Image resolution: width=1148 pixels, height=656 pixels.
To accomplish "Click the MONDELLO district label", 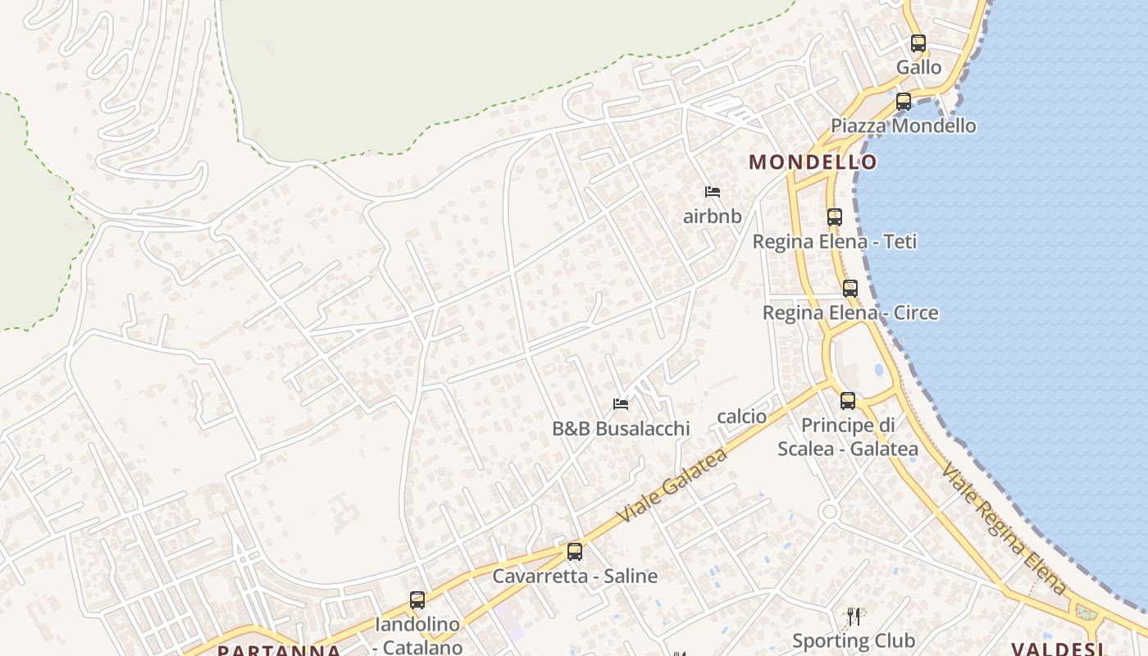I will tap(813, 162).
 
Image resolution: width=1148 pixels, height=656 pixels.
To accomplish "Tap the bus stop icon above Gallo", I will tap(918, 43).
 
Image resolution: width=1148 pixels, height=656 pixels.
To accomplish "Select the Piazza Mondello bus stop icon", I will tap(904, 102).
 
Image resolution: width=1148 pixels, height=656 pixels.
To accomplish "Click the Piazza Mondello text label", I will tap(903, 125).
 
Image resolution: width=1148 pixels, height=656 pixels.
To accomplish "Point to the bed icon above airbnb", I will tap(713, 192).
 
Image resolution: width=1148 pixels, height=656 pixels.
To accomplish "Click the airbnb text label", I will tap(713, 216).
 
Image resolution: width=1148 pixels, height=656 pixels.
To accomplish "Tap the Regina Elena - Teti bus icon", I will tap(835, 217).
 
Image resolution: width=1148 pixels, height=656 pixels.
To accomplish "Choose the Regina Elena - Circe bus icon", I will tap(850, 289).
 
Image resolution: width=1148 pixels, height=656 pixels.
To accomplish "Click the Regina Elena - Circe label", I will tap(850, 313).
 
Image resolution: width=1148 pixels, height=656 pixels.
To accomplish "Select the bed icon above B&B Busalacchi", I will tap(621, 403).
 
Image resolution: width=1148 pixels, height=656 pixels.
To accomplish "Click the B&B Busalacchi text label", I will tap(621, 428).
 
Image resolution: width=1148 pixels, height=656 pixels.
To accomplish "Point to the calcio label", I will tap(742, 417).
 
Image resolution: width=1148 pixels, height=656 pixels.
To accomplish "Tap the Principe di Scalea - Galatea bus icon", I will tap(848, 401).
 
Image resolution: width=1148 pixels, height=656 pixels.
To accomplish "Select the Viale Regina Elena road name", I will tap(1004, 529).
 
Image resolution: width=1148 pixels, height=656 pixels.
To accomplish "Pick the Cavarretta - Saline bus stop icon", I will tap(575, 552).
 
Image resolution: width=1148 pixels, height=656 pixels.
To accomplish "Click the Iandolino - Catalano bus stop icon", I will tap(417, 600).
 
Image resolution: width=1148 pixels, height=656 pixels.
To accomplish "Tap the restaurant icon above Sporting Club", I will tap(854, 617).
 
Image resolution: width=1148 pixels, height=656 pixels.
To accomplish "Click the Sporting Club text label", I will tap(854, 640).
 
